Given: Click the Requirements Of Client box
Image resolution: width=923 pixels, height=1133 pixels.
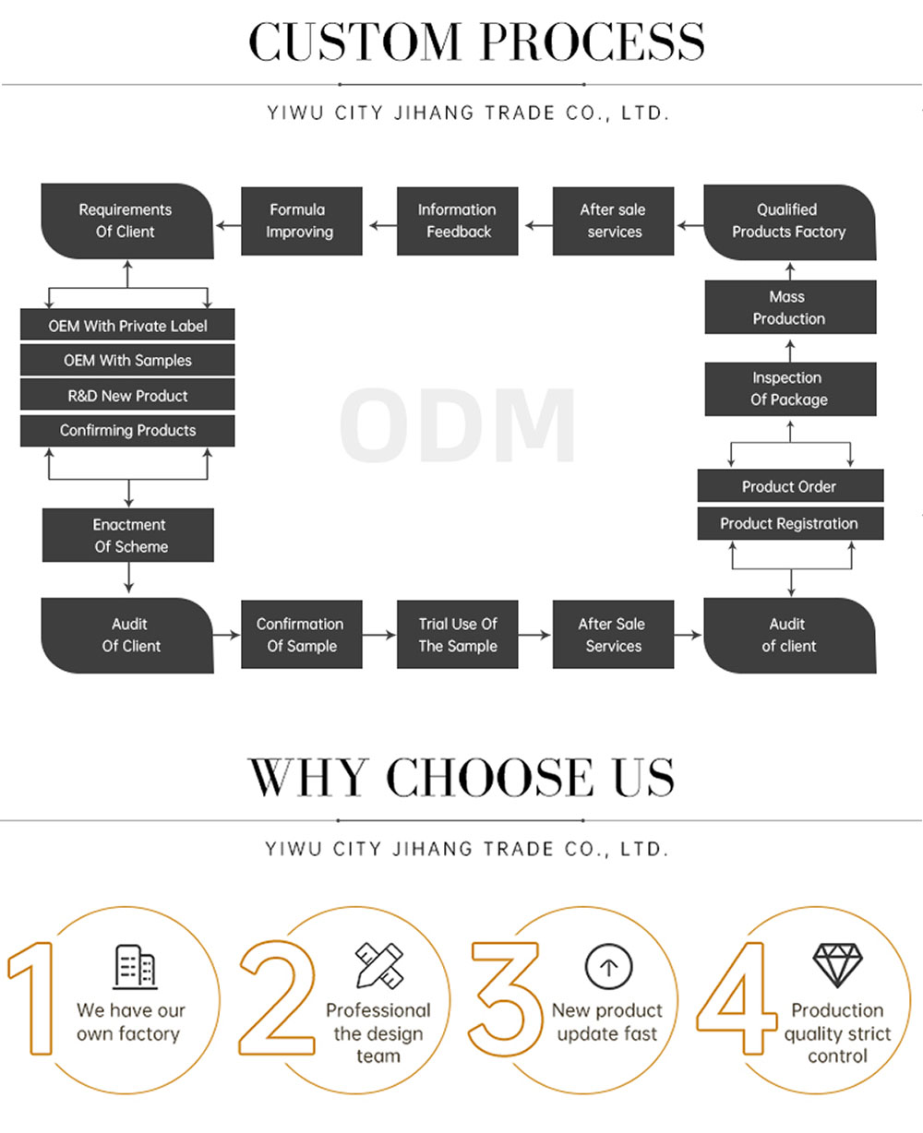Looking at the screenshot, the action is click(x=127, y=221).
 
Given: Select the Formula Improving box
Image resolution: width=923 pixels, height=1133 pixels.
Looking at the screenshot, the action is click(x=302, y=221).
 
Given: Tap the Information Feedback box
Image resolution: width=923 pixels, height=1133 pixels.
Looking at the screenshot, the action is click(x=458, y=221).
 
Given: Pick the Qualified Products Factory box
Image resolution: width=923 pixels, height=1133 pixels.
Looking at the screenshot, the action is click(x=790, y=221).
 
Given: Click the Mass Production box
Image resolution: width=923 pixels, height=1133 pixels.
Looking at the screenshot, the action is click(x=790, y=307).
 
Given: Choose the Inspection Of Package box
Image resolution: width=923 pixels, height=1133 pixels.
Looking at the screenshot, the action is click(x=790, y=388).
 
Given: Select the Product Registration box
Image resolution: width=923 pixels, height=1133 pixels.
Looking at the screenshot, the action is click(x=790, y=523).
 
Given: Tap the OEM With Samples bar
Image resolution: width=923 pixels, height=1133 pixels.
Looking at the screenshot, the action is click(x=127, y=360).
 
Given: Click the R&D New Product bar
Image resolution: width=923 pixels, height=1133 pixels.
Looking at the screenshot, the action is click(x=127, y=394).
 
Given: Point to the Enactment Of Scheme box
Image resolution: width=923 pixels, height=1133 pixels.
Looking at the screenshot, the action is click(x=128, y=534).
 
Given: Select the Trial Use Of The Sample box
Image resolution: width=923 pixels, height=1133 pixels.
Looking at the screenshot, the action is click(x=458, y=634).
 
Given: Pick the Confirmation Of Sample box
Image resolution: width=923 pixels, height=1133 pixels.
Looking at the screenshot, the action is click(x=302, y=634).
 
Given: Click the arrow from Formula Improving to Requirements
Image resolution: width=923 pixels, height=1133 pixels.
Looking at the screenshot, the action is click(x=228, y=225).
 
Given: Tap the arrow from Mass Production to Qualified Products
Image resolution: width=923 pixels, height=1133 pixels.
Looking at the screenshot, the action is click(x=790, y=270).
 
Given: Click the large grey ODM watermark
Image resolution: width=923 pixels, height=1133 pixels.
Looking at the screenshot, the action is click(x=458, y=425).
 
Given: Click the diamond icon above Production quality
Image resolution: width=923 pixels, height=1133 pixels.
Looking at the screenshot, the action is click(x=837, y=965).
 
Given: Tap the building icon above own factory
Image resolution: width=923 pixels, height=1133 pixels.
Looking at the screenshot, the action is click(x=135, y=967).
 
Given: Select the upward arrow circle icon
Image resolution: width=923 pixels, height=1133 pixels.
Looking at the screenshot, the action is click(x=608, y=967).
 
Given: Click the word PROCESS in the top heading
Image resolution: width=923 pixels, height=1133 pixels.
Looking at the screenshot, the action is click(x=593, y=42).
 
